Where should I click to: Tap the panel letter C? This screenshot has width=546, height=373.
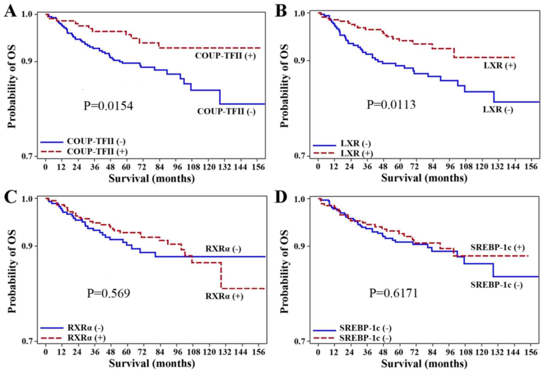tap(10, 197)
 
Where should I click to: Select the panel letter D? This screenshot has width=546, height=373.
tap(281, 197)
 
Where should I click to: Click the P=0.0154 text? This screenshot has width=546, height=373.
tap(108, 106)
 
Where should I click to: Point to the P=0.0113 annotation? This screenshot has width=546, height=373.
tap(391, 105)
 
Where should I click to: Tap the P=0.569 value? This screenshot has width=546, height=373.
tap(108, 293)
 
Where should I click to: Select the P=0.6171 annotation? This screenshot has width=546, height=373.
tap(393, 293)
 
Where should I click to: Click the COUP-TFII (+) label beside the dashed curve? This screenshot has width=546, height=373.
tap(225, 56)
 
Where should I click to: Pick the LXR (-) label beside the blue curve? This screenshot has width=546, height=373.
tap(498, 109)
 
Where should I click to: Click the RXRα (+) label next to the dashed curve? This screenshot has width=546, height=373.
tap(224, 296)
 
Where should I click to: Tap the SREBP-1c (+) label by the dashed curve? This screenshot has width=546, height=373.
tap(497, 247)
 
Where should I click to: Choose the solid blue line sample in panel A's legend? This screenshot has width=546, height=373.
tap(51, 142)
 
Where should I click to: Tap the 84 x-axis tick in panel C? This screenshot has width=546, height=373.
tap(159, 351)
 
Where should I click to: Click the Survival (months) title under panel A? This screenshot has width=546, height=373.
tap(152, 178)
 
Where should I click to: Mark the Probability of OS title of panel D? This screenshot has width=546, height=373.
tap(285, 271)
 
